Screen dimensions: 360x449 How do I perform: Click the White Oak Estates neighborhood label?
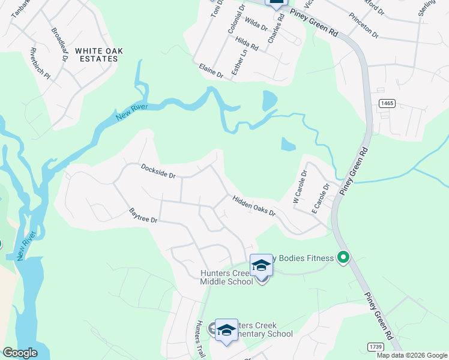[98, 55]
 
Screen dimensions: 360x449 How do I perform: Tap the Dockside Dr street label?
[158, 171]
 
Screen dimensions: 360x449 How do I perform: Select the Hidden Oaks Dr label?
[254, 205]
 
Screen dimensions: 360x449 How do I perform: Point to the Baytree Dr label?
[143, 216]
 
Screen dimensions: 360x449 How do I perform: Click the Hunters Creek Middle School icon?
[261, 266]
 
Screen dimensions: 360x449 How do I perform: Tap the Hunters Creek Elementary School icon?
[226, 331]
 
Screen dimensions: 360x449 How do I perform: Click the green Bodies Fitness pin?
[343, 258]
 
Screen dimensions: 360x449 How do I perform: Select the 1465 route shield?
[387, 104]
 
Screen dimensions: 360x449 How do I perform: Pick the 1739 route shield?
[376, 347]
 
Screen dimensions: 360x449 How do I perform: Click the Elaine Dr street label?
[210, 71]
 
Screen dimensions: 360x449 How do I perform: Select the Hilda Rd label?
[247, 43]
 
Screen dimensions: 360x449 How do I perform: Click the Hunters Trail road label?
[199, 340]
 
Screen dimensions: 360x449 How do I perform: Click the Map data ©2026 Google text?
[412, 355]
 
